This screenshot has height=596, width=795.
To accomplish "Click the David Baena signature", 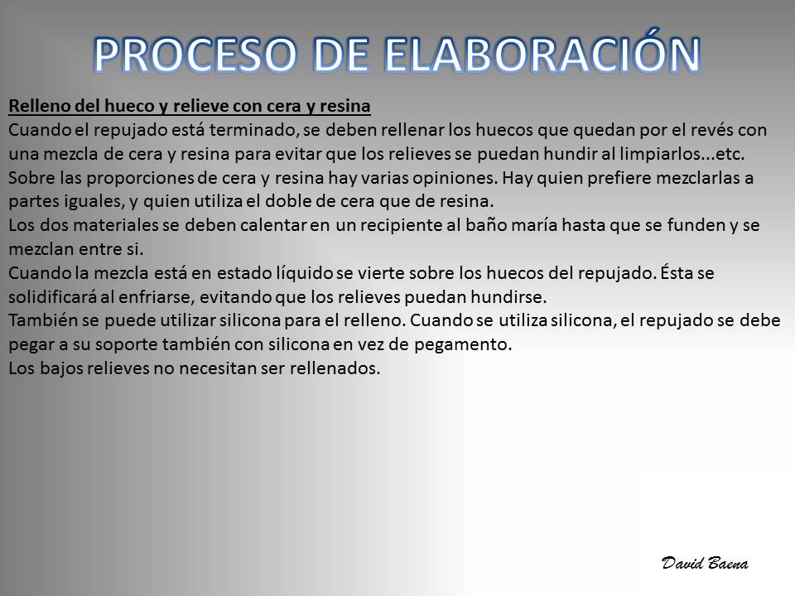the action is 705,563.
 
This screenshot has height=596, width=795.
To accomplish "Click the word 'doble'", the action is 287,201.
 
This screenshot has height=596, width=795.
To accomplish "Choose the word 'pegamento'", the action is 463,345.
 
